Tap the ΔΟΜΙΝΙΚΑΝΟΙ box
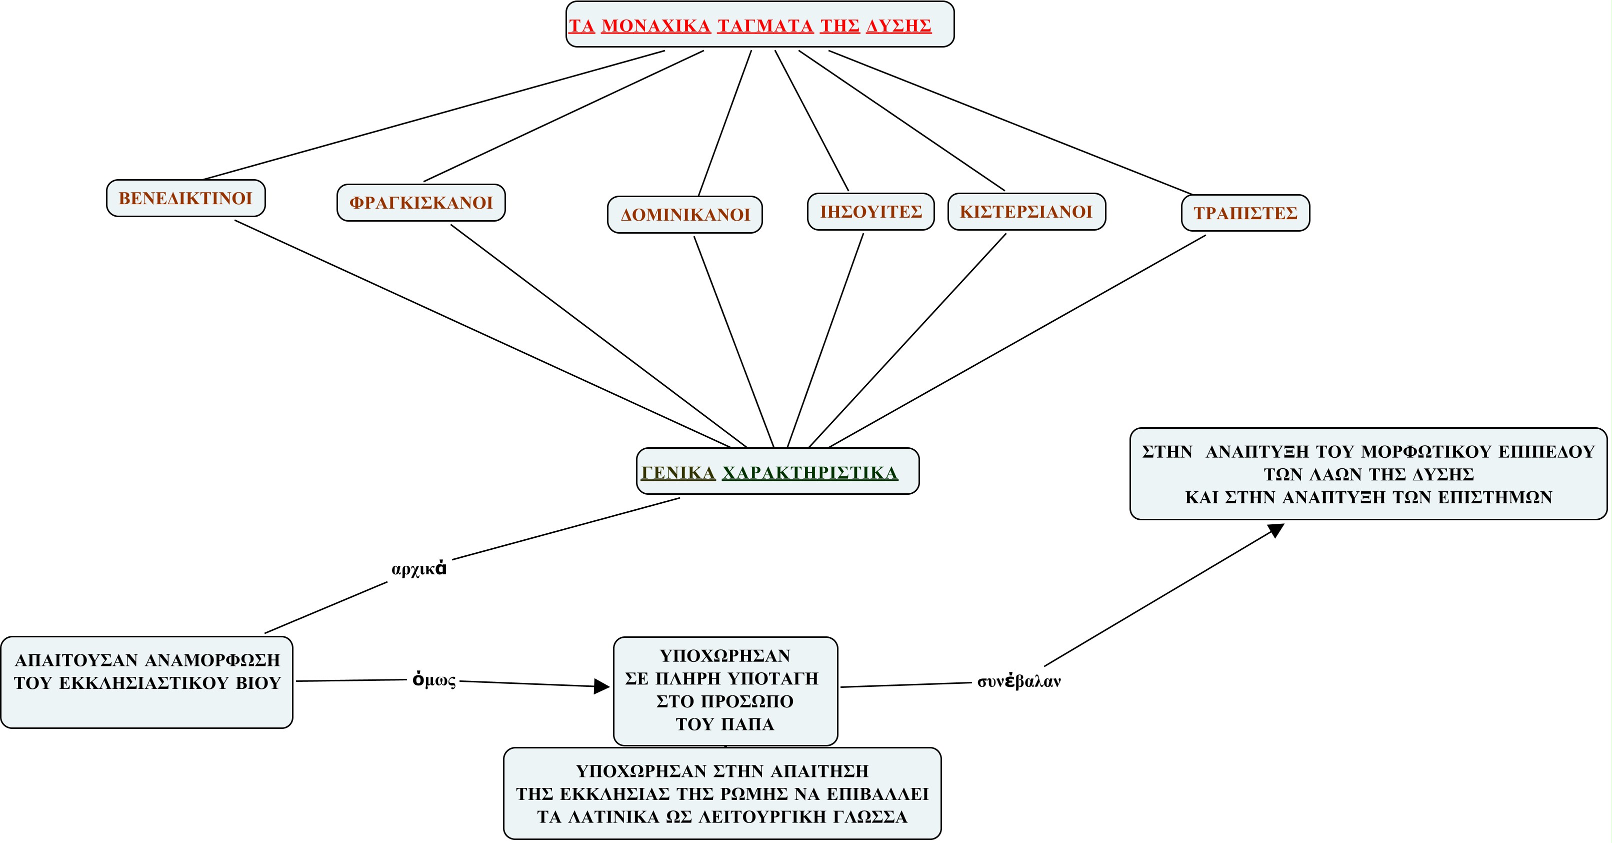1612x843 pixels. point(684,215)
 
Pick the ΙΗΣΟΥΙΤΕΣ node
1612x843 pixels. point(870,212)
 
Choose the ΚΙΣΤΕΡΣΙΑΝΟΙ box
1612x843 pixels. point(1026,212)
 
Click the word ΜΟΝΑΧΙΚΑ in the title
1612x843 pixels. point(656,27)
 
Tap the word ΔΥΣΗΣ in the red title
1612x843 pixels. point(898,27)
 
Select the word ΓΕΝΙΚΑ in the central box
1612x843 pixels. point(678,473)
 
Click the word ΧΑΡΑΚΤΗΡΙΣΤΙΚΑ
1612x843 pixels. point(810,473)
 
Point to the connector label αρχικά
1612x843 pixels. point(418,569)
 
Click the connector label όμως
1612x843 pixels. point(433,680)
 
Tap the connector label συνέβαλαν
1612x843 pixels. point(1019,681)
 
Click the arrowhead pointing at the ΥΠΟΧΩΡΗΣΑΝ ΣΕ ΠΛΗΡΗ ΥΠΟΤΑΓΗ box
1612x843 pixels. point(602,686)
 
